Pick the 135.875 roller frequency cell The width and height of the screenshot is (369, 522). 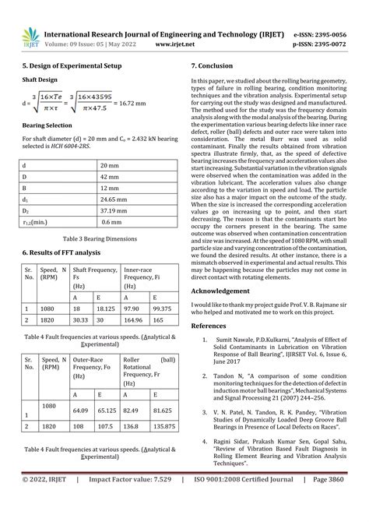tap(162, 427)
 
